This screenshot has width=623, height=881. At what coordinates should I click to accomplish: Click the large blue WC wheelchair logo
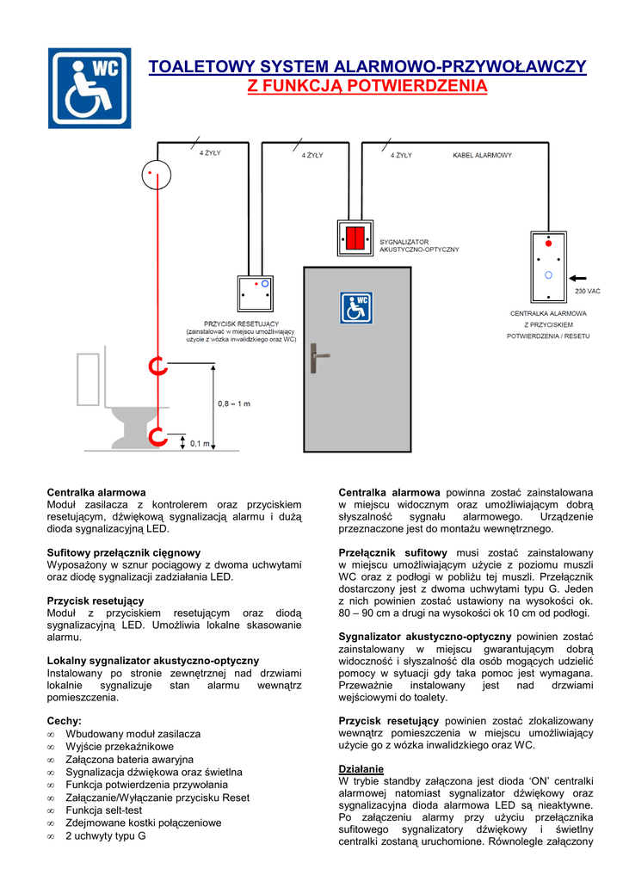click(x=89, y=88)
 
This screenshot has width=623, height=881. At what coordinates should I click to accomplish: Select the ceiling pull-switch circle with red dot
click(x=157, y=176)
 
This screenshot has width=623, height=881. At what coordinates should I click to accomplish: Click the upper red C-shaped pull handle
click(x=157, y=367)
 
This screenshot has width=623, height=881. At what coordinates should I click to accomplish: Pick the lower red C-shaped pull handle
click(x=157, y=436)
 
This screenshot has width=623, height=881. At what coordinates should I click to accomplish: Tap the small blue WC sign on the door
click(x=356, y=307)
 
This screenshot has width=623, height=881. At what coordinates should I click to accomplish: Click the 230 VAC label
click(x=587, y=292)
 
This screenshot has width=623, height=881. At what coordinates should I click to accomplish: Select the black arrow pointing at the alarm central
click(x=577, y=277)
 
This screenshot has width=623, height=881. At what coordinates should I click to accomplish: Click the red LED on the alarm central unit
click(x=548, y=244)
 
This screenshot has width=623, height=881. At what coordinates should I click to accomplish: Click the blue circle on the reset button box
click(x=265, y=283)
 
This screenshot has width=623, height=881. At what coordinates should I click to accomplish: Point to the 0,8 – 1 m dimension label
click(x=234, y=403)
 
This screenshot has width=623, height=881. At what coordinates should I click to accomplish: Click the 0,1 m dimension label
click(x=200, y=443)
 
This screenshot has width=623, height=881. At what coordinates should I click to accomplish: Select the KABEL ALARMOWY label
click(x=482, y=156)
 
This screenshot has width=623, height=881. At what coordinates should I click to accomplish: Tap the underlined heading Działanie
click(x=361, y=768)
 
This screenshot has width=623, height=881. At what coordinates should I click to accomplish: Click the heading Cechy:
click(x=65, y=720)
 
